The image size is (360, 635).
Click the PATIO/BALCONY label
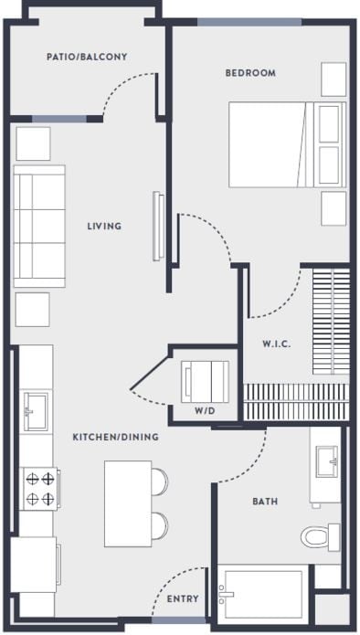[x=87, y=57]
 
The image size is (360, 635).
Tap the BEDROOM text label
[x=250, y=73]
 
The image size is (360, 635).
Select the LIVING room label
[x=104, y=226]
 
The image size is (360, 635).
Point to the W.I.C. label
[x=276, y=344]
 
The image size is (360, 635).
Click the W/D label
[x=205, y=410]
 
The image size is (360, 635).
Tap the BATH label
[x=265, y=502]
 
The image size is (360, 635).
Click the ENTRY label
[x=183, y=599]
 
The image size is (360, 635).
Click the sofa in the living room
[x=40, y=227]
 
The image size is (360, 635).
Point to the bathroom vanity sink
[x=325, y=463]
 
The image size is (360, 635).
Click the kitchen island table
[x=126, y=503]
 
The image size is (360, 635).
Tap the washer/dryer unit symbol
[x=206, y=377]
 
